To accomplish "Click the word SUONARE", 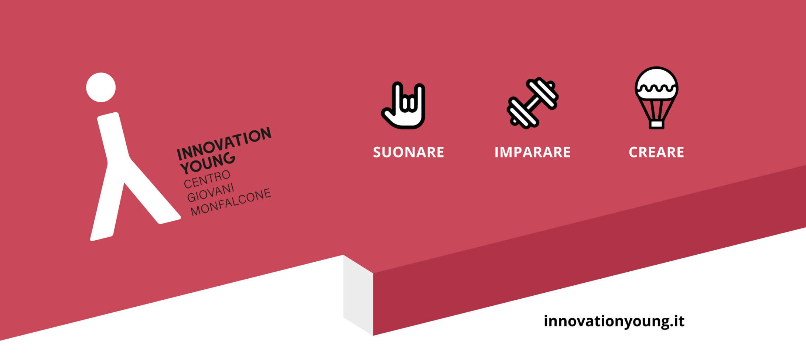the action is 408,152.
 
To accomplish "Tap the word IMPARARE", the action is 532,152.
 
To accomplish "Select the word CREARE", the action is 656,152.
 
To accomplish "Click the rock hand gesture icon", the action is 404,105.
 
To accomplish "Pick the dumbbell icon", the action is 532,103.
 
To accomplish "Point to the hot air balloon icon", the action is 656,98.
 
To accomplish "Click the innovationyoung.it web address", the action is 614,321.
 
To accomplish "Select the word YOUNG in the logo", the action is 208,163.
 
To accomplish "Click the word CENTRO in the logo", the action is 207,179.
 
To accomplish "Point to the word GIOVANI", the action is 211,193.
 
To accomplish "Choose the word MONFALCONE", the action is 231,202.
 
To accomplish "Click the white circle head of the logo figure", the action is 101,87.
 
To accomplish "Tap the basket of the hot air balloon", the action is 656,124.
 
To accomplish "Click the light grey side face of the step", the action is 358,295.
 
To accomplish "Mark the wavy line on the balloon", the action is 656,88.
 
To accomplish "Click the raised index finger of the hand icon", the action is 397,96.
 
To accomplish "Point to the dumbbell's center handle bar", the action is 532,103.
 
